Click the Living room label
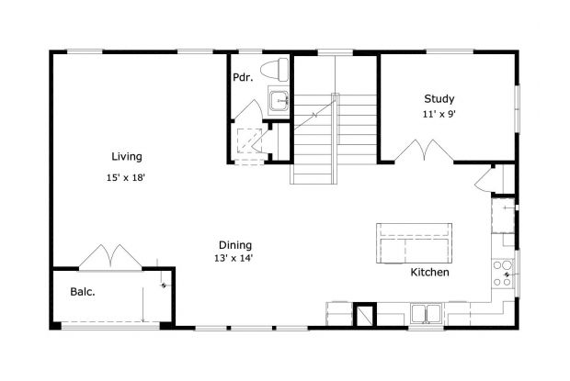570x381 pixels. click(x=127, y=156)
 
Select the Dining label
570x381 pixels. click(x=235, y=244)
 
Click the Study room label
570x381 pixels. click(x=439, y=99)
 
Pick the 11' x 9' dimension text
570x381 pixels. click(x=439, y=115)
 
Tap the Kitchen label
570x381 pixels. click(x=429, y=273)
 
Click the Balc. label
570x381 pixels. click(x=84, y=294)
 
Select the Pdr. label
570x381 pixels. click(x=244, y=77)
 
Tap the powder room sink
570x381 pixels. click(x=279, y=100)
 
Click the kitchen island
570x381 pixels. click(x=415, y=242)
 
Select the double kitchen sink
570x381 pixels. click(x=425, y=315)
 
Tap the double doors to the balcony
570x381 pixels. click(x=108, y=258)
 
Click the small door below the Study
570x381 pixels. click(x=486, y=178)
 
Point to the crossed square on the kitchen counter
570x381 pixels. click(x=365, y=315)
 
